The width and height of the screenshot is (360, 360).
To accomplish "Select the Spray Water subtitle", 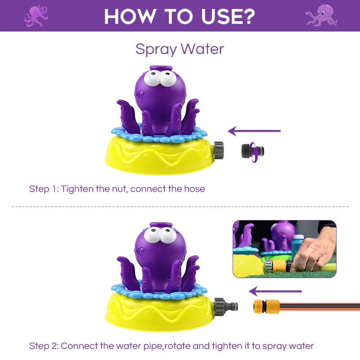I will (180, 49).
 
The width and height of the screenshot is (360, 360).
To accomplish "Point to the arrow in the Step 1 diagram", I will (254, 131).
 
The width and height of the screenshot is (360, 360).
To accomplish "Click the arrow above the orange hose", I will (275, 291).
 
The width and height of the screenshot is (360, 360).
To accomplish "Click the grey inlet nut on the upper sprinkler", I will (219, 149).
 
